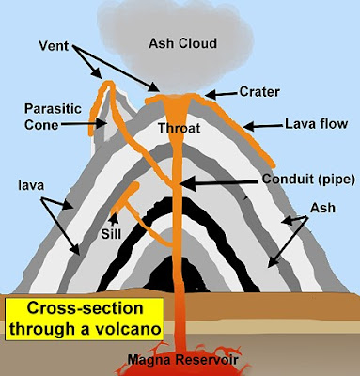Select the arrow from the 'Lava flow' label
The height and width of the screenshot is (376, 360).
[262, 123]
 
